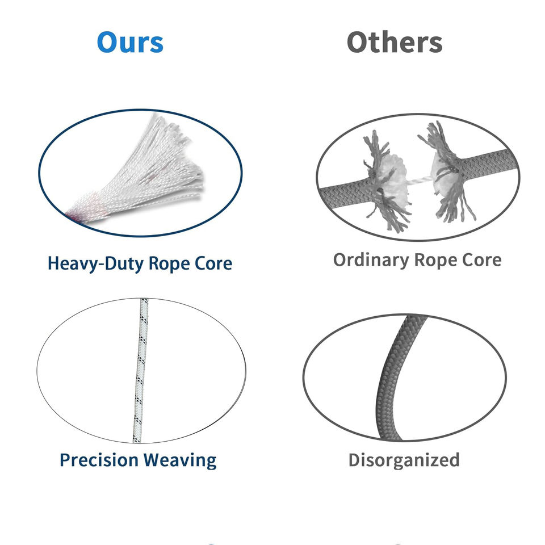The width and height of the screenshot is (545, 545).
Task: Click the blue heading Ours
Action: (x=130, y=43)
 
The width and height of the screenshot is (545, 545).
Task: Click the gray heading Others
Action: (x=395, y=43)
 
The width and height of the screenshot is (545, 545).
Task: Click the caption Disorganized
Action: (x=404, y=459)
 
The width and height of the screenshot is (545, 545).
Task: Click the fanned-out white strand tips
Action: (x=182, y=153)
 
